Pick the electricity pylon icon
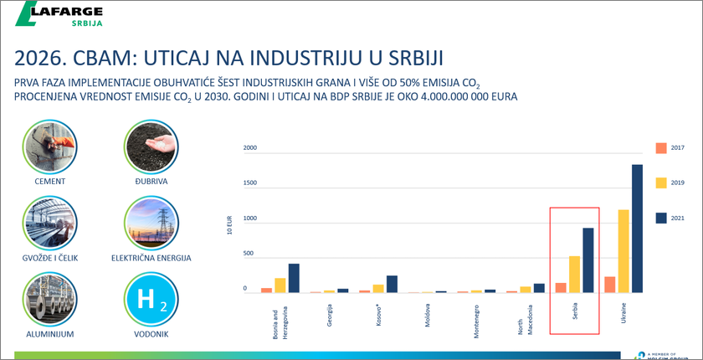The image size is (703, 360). click(151, 224)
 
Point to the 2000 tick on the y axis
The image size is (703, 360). click(250, 149)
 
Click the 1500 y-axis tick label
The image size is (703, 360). click(250, 183)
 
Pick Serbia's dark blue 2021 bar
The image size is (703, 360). click(588, 260)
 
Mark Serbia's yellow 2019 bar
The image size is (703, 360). click(574, 275)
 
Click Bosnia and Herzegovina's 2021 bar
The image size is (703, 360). click(294, 278)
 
